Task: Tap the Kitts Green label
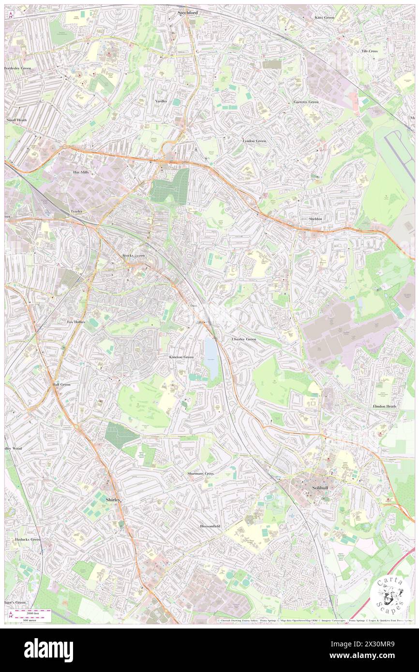tap(324, 17)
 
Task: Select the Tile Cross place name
tap(370, 51)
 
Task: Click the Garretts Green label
tap(306, 102)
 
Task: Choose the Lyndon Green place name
tap(254, 141)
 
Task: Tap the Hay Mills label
tap(81, 172)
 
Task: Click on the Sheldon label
tap(315, 219)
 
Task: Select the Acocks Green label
tap(132, 255)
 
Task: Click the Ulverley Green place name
tap(243, 339)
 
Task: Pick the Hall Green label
tap(61, 384)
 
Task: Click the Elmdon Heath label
tap(385, 407)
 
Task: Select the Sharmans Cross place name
tap(201, 473)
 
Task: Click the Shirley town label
tap(113, 500)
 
